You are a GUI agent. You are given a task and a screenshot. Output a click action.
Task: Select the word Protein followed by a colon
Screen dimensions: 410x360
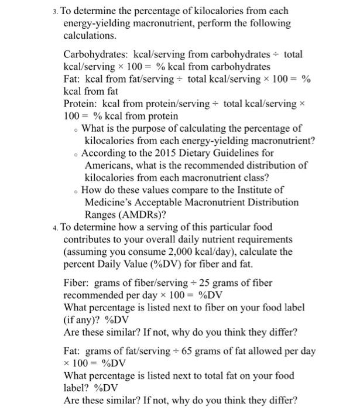coord(81,104)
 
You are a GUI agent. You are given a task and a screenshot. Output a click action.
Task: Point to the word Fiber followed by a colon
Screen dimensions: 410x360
coord(77,283)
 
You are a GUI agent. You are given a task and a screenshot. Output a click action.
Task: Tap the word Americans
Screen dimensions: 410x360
coord(111,165)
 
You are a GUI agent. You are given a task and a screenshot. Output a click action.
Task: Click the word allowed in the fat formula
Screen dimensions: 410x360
coord(269,351)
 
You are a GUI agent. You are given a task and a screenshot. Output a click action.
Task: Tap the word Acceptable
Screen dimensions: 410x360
coord(164,202)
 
